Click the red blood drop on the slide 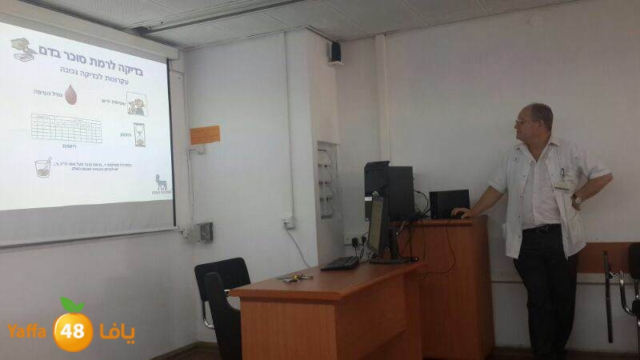click(71, 95)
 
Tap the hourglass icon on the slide click(139, 134)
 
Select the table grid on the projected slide click(66, 128)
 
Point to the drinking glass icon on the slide click(43, 167)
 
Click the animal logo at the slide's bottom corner click(161, 183)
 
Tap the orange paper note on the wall click(205, 134)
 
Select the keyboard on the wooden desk click(341, 262)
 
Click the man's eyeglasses click(526, 122)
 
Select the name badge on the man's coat click(563, 183)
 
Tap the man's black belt click(543, 229)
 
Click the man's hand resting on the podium click(461, 212)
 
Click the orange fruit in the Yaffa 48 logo click(74, 329)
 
